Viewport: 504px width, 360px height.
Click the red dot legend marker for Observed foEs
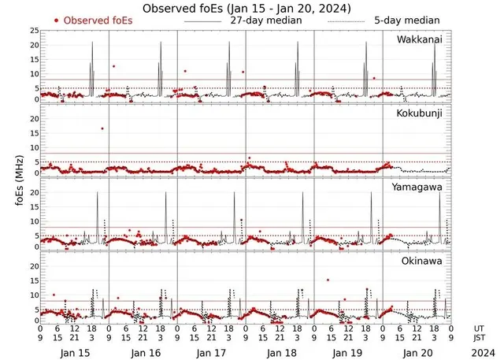[x=57, y=20]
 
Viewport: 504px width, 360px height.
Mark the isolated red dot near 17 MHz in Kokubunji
[x=102, y=128]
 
